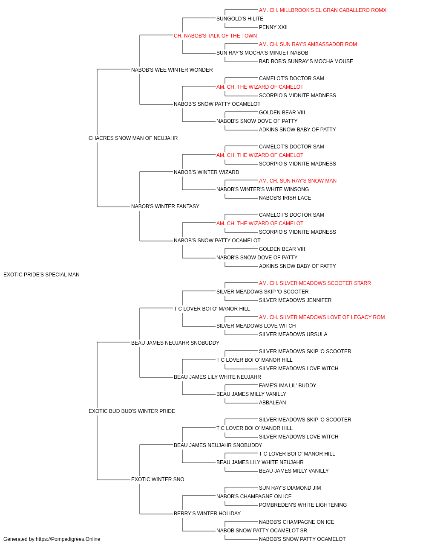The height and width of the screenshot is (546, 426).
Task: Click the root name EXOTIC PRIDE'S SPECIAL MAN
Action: pyautogui.click(x=41, y=275)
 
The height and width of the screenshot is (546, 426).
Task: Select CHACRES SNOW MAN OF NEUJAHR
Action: pyautogui.click(x=133, y=138)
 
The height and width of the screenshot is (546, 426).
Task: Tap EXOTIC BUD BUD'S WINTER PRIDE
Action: pyautogui.click(x=132, y=411)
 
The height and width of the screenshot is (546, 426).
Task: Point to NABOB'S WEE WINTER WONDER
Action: pyautogui.click(x=172, y=70)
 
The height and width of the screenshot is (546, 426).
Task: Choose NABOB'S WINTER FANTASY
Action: pyautogui.click(x=165, y=206)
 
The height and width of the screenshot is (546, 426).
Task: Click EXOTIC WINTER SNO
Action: pyautogui.click(x=158, y=479)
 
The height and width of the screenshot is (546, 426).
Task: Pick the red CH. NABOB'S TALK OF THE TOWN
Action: pyautogui.click(x=215, y=36)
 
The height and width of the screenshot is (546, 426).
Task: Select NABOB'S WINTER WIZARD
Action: pyautogui.click(x=207, y=172)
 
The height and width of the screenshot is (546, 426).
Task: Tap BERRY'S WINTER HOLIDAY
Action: pyautogui.click(x=207, y=514)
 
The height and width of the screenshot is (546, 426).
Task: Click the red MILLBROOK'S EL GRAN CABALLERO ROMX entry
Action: pyautogui.click(x=322, y=10)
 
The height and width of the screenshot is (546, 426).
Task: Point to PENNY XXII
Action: pyautogui.click(x=273, y=27)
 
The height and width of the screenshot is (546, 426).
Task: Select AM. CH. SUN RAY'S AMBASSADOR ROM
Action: pyautogui.click(x=308, y=44)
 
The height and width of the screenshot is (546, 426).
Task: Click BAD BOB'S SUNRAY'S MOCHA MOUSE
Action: pyautogui.click(x=306, y=61)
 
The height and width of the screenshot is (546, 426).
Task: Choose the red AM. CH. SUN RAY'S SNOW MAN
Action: pyautogui.click(x=297, y=181)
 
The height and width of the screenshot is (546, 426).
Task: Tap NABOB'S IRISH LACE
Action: pyautogui.click(x=285, y=198)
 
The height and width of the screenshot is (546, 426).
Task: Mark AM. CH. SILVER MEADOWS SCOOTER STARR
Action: pyautogui.click(x=315, y=283)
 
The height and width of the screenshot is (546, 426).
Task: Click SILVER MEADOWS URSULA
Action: pyautogui.click(x=293, y=334)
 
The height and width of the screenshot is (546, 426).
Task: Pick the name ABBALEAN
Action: pyautogui.click(x=272, y=403)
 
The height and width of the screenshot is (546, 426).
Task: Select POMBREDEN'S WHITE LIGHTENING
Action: pyautogui.click(x=303, y=505)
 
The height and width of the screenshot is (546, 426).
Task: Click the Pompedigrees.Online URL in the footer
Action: pyautogui.click(x=68, y=539)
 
